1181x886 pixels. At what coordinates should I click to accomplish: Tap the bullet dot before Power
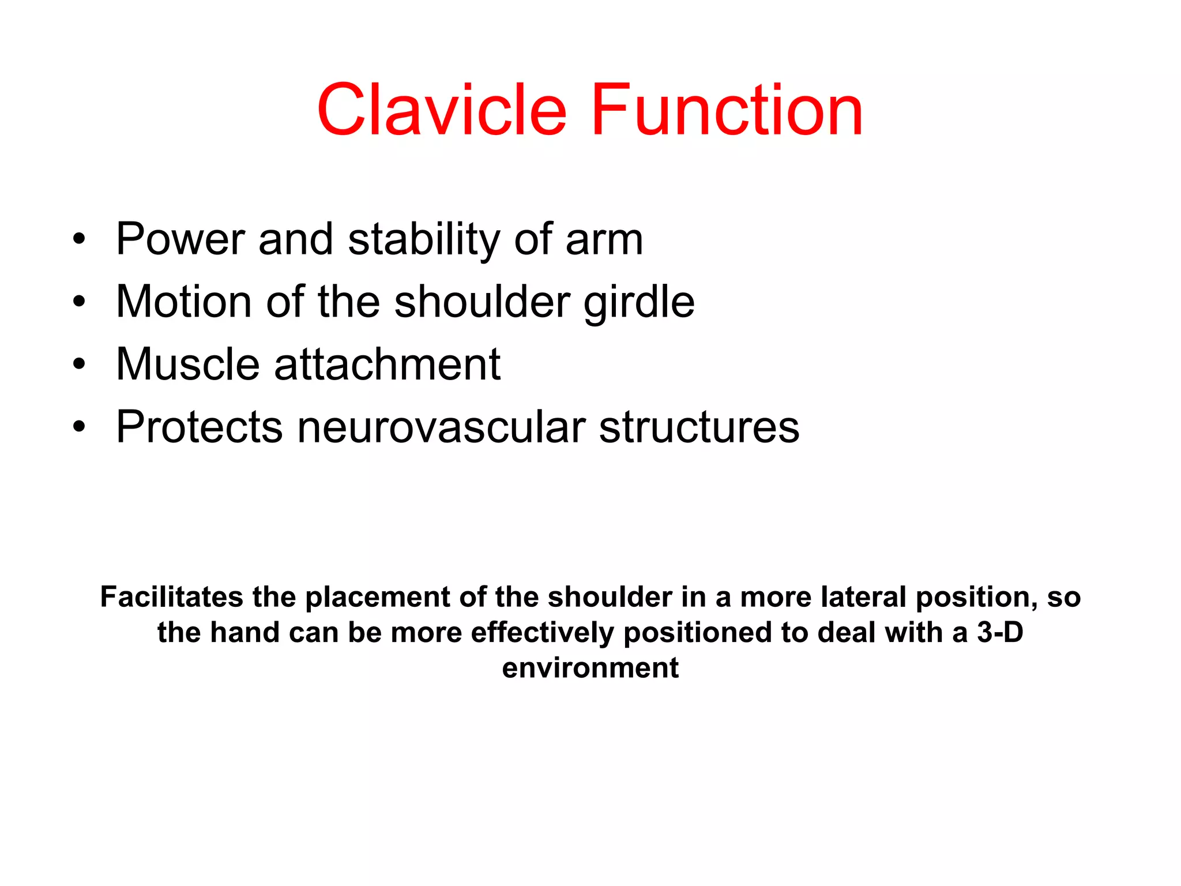pos(79,238)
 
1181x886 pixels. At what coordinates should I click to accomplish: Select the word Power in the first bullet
pos(180,239)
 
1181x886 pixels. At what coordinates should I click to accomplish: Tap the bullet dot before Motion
pos(79,301)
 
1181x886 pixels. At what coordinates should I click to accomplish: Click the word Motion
pos(184,301)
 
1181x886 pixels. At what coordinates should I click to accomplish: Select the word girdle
pos(639,302)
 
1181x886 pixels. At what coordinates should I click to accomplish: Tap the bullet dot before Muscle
pos(79,364)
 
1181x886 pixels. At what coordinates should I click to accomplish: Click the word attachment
pos(387,364)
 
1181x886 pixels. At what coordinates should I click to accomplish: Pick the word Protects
pos(199,427)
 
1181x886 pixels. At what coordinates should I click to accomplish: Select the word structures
pos(699,427)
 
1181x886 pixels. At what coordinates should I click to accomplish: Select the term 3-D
pos(1000,632)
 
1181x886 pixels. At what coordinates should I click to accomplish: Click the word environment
pos(590,668)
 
